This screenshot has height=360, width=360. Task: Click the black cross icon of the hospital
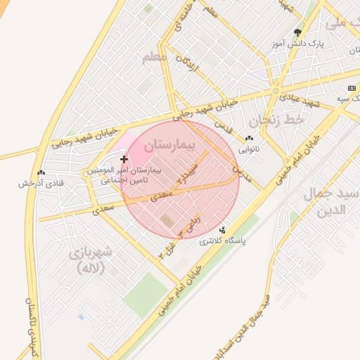[x=124, y=160]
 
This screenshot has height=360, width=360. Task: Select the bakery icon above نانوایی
[x=249, y=139]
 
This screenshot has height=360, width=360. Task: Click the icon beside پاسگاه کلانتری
[x=224, y=230]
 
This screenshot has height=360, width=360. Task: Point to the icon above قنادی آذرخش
[x=41, y=173]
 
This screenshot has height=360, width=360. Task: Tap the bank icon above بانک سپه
[x=352, y=88]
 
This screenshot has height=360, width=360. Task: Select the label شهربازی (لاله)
[x=93, y=260]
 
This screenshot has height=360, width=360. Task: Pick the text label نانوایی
[x=248, y=149]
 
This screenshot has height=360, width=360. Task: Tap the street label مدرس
[x=239, y=169]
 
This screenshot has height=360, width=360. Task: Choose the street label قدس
[x=221, y=126]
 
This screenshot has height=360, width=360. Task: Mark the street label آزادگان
[x=189, y=67]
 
